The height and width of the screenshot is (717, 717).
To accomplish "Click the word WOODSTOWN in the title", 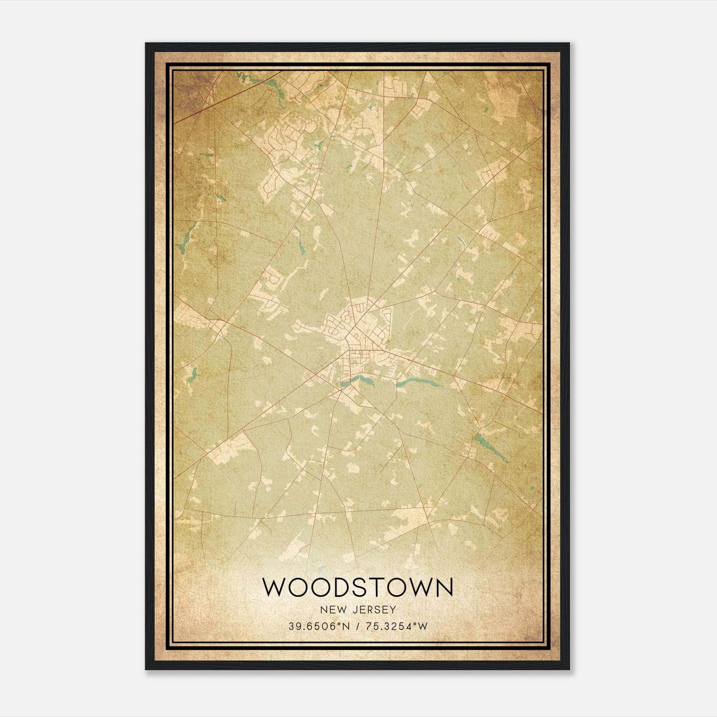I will point(358,587).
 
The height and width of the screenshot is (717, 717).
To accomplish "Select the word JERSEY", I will point(374,609).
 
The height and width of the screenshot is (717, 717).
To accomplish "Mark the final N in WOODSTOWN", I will point(443,587).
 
